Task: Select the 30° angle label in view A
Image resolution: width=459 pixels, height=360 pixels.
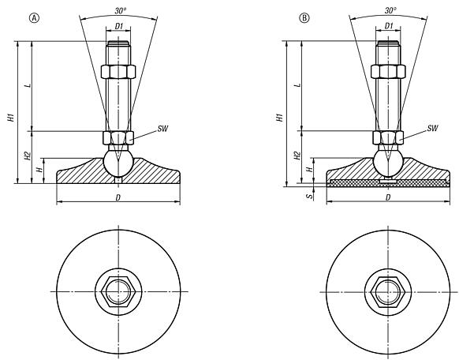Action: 118,10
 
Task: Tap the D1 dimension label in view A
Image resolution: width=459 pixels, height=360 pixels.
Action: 118,27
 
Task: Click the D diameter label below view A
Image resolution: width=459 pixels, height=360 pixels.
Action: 118,197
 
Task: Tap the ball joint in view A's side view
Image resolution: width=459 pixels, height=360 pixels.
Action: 118,162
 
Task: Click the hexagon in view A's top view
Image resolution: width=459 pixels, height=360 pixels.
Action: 118,291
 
